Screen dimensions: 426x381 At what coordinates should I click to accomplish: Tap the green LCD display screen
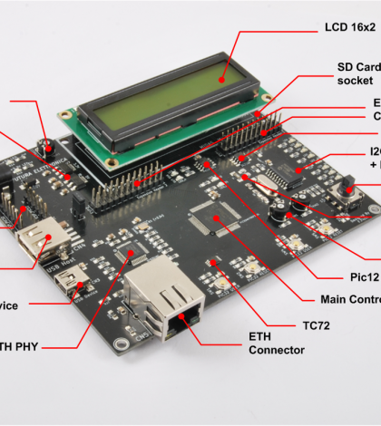(x=172, y=102)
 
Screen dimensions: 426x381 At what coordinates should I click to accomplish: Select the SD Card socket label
(x=357, y=73)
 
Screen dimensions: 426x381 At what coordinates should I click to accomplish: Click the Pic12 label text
(x=359, y=275)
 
